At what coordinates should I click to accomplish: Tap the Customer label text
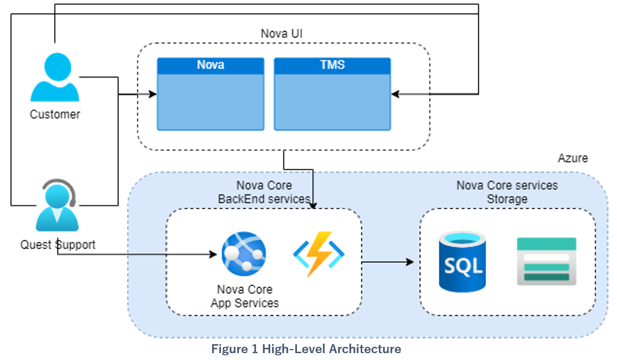55,114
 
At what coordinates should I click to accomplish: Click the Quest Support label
58,245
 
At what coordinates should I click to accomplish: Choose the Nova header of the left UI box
210,65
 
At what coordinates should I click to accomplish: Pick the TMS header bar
332,65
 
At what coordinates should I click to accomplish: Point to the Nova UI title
282,34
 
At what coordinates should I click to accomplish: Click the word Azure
573,158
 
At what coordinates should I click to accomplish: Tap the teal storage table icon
546,261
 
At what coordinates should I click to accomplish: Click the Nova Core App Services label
245,296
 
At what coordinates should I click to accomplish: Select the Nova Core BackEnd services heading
264,192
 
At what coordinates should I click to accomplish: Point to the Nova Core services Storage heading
507,192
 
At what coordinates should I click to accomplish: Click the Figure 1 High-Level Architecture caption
306,349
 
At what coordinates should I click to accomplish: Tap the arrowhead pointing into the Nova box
153,94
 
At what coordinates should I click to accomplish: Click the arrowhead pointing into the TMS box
395,94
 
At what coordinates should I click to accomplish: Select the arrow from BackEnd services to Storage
388,261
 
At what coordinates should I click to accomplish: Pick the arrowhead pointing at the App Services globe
214,255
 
